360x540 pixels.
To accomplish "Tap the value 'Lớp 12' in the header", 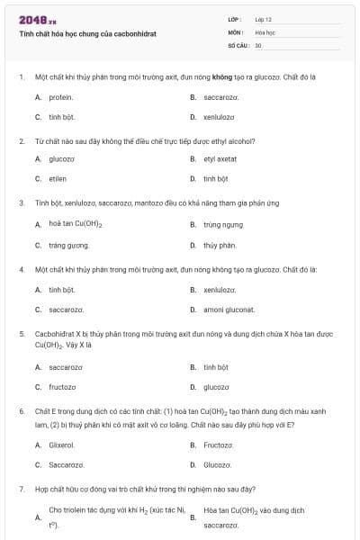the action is tap(264, 19).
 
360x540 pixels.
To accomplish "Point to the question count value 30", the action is tap(258, 44).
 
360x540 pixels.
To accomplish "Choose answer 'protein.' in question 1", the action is tap(61, 96).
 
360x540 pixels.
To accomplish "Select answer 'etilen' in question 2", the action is tap(58, 178).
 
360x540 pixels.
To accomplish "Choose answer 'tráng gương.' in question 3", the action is tap(68, 245).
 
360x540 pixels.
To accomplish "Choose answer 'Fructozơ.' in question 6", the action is tap(219, 445).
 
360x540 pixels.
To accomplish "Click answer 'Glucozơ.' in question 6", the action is tap(217, 464).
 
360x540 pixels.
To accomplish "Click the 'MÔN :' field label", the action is tap(236, 31).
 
